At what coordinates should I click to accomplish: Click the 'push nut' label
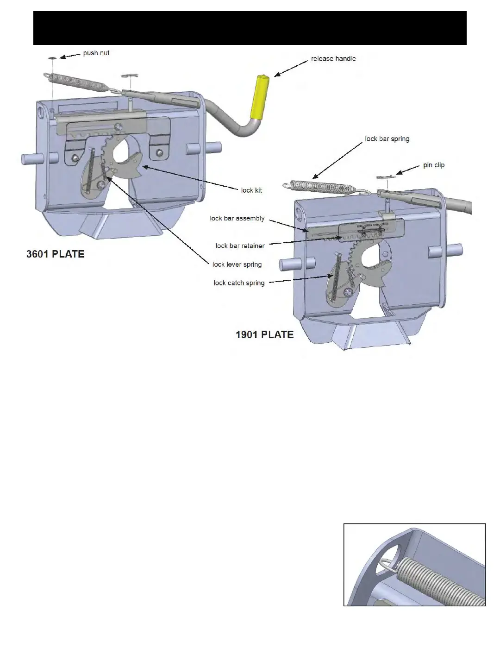coord(96,53)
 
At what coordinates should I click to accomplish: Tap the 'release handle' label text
coord(333,59)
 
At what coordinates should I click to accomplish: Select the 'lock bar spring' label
coord(387,139)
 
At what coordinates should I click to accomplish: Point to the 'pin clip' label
coord(434,165)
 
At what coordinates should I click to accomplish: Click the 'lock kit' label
coord(251,190)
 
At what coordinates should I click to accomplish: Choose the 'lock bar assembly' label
coord(237,218)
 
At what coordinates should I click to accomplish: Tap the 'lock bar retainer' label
coord(240,246)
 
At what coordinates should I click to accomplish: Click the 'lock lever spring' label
coord(237,264)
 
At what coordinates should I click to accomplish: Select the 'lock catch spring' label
coord(239,283)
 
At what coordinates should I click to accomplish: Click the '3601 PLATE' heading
coord(55,254)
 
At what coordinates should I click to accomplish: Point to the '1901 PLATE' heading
coord(264,335)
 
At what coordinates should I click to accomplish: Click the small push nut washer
coord(52,58)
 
